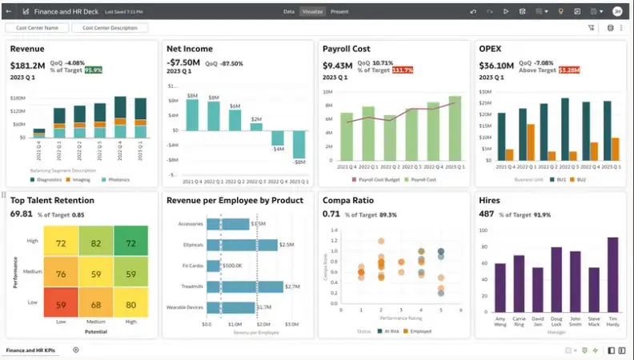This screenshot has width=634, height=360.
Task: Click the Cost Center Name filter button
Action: pyautogui.click(x=37, y=28)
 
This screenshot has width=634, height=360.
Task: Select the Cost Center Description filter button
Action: pyautogui.click(x=110, y=28)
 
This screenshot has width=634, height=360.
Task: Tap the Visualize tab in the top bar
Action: pyautogui.click(x=312, y=12)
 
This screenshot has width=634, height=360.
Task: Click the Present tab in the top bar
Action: pyautogui.click(x=339, y=12)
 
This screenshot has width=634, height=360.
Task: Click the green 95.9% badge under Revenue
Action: pyautogui.click(x=94, y=70)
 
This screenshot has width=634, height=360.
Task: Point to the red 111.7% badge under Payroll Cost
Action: pyautogui.click(x=403, y=70)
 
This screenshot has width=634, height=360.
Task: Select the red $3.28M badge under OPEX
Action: pyautogui.click(x=569, y=70)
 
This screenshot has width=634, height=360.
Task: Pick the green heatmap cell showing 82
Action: pyautogui.click(x=96, y=242)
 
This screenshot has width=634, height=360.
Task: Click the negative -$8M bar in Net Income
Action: pyautogui.click(x=299, y=145)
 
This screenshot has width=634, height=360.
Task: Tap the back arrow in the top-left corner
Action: pyautogui.click(x=9, y=12)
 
